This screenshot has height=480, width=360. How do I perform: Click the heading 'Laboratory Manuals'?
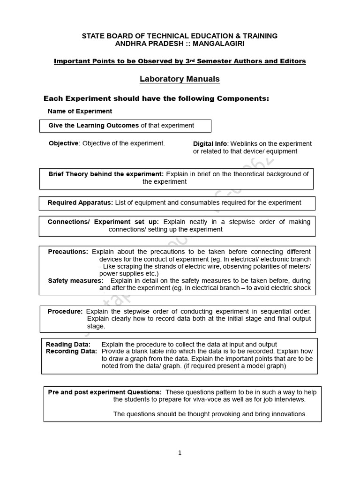click(x=180, y=79)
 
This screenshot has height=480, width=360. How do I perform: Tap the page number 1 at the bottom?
click(x=180, y=452)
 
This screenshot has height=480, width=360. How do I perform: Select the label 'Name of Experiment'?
click(x=80, y=111)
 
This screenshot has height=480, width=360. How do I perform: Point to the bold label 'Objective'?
click(x=63, y=143)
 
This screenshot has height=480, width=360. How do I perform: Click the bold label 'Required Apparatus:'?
click(x=80, y=202)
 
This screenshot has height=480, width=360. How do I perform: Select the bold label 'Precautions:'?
click(x=68, y=252)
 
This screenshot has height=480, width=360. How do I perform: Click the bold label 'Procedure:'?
click(x=65, y=311)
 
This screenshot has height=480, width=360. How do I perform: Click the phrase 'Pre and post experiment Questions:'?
click(x=105, y=392)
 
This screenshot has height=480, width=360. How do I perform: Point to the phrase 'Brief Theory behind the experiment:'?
click(x=106, y=174)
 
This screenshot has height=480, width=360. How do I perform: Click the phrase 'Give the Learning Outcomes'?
click(x=93, y=125)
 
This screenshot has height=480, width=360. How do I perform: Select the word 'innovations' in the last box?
click(x=288, y=414)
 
